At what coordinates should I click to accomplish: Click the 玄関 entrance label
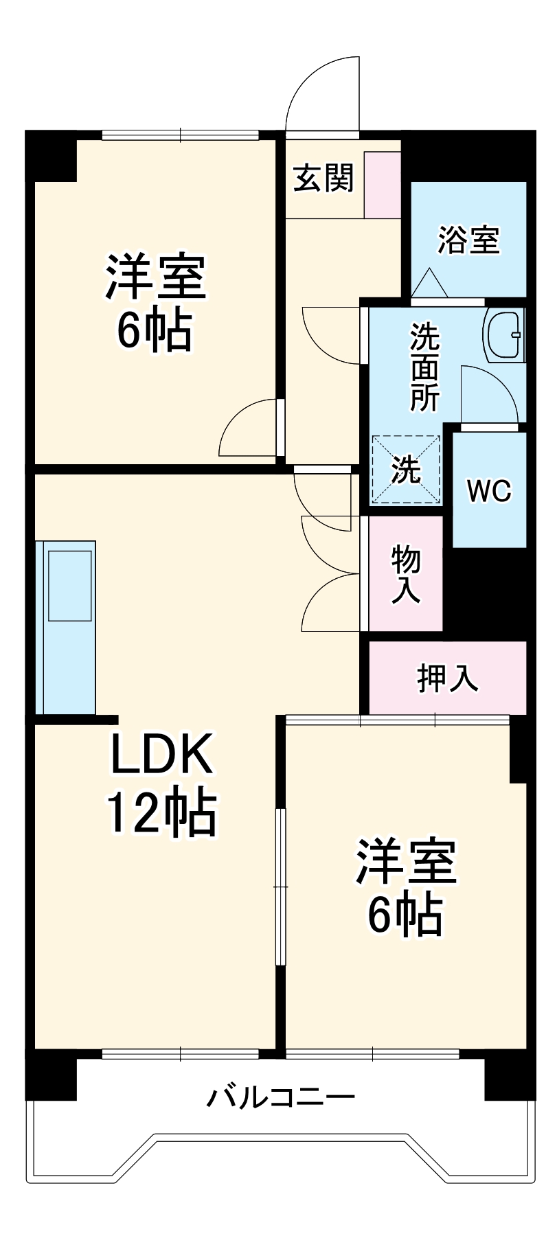pyautogui.click(x=323, y=179)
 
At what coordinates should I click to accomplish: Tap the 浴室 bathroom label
pyautogui.click(x=469, y=240)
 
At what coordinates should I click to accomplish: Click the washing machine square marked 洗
pyautogui.click(x=405, y=470)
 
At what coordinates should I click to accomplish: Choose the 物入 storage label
pyautogui.click(x=406, y=574)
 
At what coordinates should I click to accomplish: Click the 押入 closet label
pyautogui.click(x=447, y=678)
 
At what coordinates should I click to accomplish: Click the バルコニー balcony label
pyautogui.click(x=281, y=1097)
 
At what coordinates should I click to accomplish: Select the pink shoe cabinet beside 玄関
pyautogui.click(x=382, y=185)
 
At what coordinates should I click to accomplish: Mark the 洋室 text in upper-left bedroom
pyautogui.click(x=155, y=277)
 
